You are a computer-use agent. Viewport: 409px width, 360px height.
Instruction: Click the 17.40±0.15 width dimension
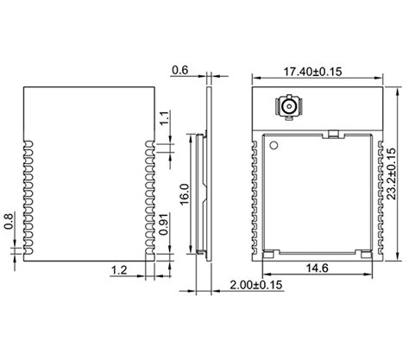[317, 71]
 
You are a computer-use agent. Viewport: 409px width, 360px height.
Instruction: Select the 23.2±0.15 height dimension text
[393, 173]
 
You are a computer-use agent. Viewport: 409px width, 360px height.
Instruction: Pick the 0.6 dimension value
[181, 70]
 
